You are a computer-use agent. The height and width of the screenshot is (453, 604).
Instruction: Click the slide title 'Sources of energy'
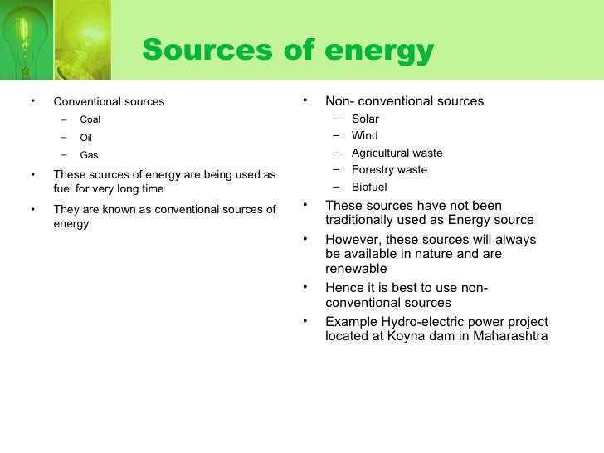(288, 51)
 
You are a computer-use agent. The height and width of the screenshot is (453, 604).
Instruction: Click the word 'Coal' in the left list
(90, 119)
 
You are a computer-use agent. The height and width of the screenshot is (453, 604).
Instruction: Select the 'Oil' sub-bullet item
(85, 137)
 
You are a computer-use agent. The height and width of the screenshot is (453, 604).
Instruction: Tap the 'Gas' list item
(89, 154)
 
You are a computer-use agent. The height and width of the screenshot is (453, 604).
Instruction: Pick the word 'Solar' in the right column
(365, 119)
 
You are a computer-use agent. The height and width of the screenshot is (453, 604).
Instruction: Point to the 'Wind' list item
(364, 135)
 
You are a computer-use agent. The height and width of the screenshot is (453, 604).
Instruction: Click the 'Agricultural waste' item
(397, 153)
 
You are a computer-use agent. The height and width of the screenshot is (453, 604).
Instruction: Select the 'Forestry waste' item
(389, 169)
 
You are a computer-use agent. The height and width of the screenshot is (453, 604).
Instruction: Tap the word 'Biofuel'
(369, 187)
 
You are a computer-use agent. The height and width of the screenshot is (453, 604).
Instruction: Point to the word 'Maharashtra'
(510, 337)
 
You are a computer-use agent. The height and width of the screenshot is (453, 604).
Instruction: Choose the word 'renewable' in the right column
(356, 269)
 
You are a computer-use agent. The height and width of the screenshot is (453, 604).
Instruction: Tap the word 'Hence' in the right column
(344, 288)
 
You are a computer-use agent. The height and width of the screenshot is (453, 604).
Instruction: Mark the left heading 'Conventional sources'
(109, 102)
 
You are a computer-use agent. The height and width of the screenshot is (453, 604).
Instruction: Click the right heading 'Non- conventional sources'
(404, 101)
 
